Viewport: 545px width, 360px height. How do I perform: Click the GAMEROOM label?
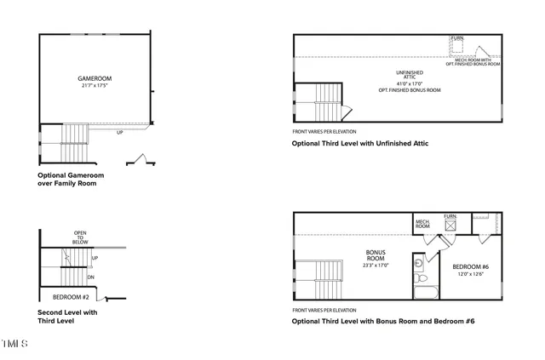coord(95,79)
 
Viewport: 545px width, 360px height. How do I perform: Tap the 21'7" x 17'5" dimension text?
coord(95,87)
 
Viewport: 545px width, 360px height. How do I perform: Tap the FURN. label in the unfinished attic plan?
coord(457,38)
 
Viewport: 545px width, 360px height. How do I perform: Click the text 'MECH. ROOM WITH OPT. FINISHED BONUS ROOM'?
coord(473,62)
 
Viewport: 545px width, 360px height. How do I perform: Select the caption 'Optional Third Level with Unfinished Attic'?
coord(359,144)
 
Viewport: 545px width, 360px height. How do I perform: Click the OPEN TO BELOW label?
coord(81,237)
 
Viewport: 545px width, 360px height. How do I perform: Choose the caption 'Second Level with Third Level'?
coord(67,317)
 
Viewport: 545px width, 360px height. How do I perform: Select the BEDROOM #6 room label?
coord(469,266)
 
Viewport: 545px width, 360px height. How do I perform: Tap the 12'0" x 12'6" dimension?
coord(469,274)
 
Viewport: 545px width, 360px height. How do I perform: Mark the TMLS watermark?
coord(14,344)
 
